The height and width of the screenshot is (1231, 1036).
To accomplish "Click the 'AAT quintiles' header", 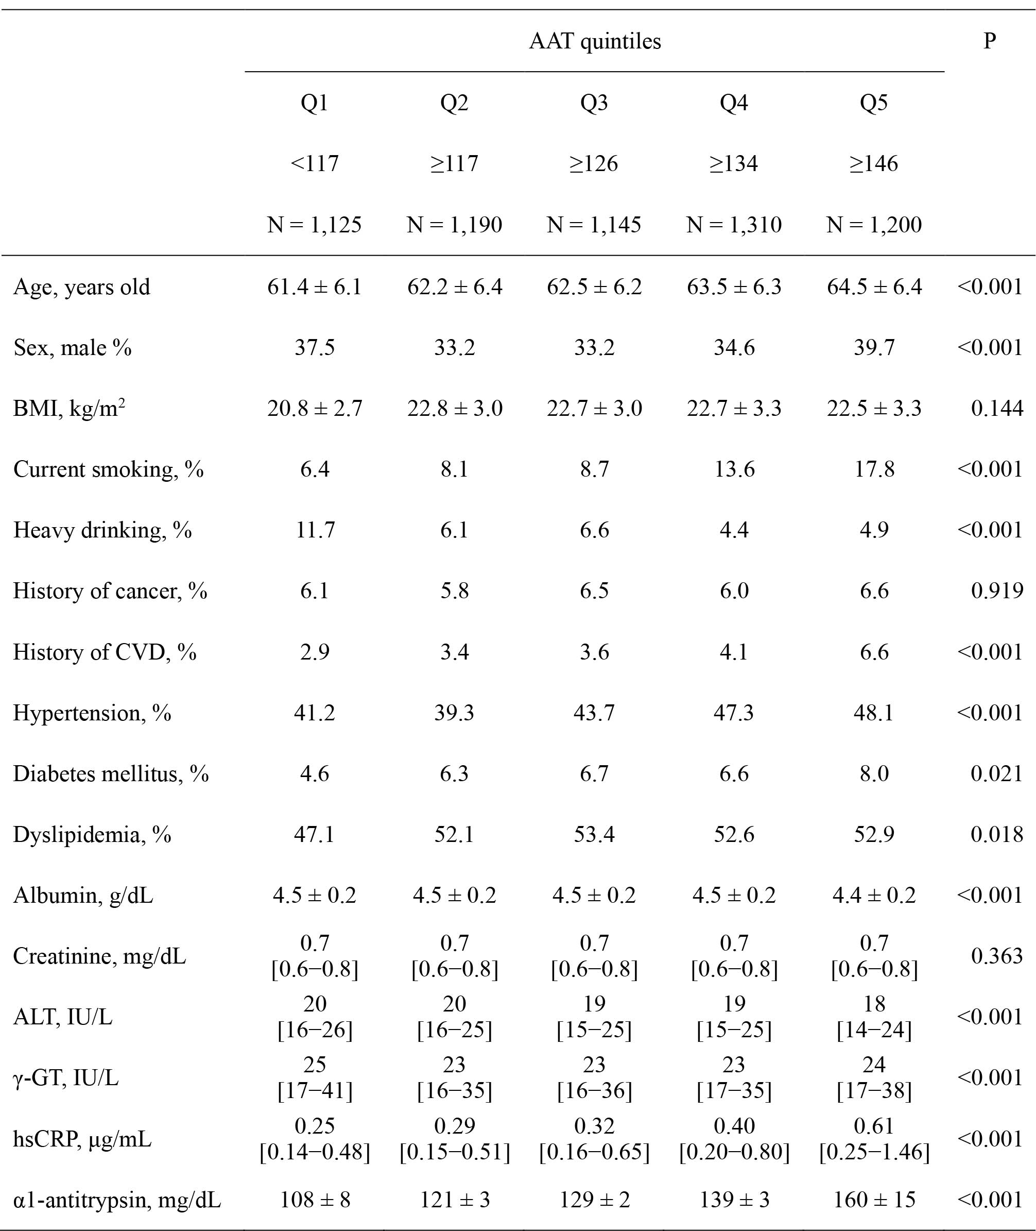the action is coord(594,41).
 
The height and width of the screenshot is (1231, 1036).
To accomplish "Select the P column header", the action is coord(990,41).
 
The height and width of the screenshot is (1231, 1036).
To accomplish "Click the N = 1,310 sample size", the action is coord(734,225).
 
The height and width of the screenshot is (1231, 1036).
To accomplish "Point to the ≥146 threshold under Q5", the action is coord(873,163).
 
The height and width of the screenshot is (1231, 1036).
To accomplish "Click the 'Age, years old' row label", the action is coord(82,286).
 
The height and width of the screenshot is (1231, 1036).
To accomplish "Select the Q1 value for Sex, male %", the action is coord(315,347).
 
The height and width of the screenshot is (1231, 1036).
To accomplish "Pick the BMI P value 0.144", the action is coord(997,408).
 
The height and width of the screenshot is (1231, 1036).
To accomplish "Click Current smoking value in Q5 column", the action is coord(874,469).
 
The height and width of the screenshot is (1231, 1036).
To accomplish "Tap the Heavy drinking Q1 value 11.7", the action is coord(315,530).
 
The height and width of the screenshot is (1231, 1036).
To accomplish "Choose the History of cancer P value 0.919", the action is coord(997,591).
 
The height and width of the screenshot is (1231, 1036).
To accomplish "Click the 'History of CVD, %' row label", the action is coord(105,652).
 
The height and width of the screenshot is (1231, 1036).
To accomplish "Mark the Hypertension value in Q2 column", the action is coord(454,713).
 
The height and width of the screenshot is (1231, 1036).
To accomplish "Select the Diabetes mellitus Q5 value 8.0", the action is coord(874,773).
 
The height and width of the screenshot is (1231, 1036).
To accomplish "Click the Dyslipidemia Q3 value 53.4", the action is coord(594,834).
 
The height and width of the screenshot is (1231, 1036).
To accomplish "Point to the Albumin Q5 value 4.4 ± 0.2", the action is coord(874,895).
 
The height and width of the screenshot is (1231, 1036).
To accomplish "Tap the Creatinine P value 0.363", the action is coord(997,956).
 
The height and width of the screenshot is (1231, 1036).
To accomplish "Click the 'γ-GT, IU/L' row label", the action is coord(66,1077).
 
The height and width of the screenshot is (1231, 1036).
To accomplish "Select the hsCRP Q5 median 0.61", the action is coord(874,1126).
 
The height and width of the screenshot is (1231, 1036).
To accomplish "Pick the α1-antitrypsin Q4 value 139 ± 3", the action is coord(734,1199).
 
